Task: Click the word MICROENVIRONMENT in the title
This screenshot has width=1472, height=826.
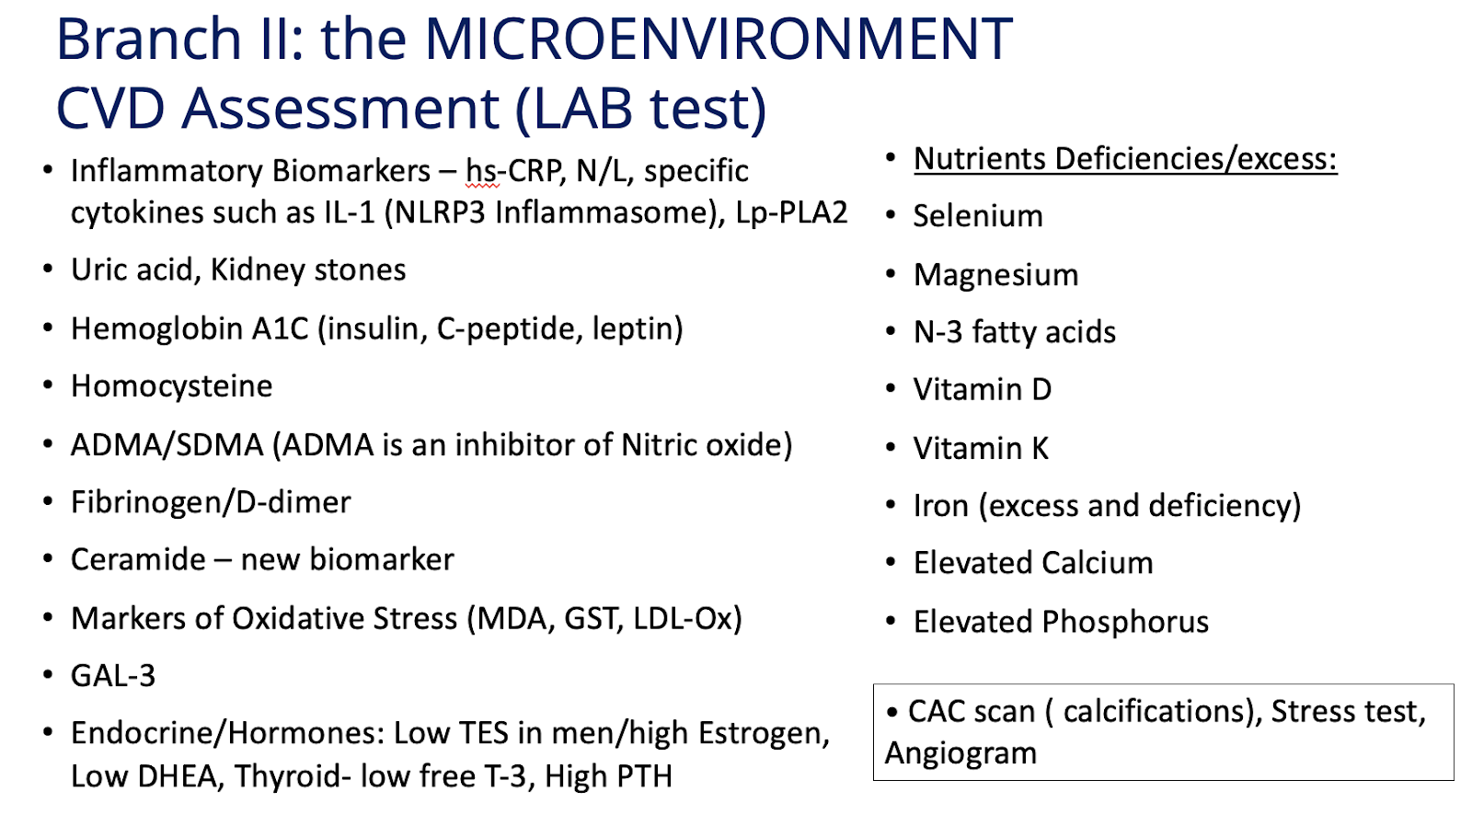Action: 719,39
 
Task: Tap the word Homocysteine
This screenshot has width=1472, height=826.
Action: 171,386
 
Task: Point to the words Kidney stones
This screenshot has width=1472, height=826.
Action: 308,270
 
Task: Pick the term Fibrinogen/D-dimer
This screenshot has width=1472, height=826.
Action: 211,503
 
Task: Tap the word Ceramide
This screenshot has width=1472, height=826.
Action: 139,560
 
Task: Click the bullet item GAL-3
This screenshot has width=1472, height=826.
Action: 113,676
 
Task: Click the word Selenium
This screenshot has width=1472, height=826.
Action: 978,216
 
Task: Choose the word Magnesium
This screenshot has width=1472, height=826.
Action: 996,275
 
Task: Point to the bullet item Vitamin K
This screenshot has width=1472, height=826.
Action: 981,449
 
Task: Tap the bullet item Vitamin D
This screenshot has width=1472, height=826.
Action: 983,390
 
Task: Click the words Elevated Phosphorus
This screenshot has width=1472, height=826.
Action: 1062,622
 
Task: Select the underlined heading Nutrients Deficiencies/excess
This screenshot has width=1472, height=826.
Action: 1125,160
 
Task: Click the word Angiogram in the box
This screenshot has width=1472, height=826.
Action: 960,753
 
